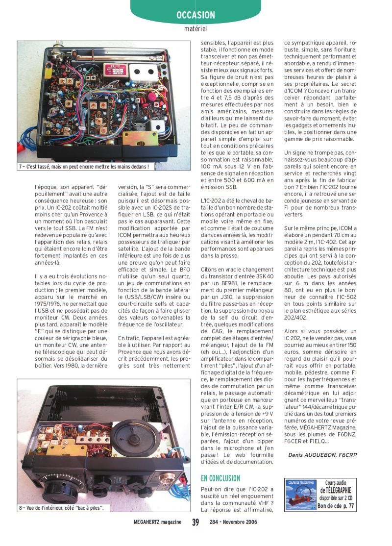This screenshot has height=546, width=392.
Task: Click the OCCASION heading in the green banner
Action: (196, 16)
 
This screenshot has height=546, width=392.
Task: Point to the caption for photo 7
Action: (83, 167)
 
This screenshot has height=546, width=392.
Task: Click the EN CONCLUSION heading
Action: (220, 478)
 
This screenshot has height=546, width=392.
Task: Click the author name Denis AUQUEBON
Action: (313, 455)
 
